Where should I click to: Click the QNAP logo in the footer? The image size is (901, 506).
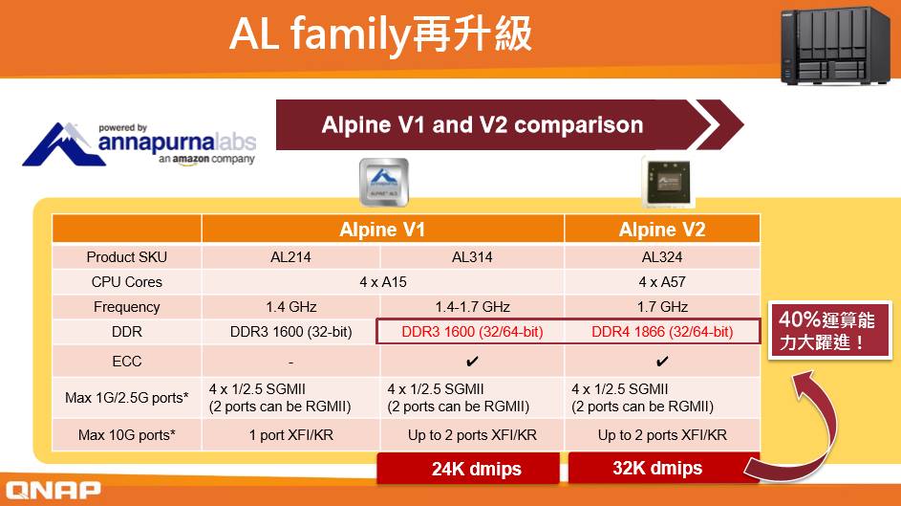pos(53,490)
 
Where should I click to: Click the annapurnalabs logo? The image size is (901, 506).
pos(139,144)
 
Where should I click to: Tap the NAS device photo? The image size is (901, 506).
pos(835,45)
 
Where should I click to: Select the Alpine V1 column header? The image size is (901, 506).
pos(382,230)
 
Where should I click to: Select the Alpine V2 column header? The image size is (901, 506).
pos(662,230)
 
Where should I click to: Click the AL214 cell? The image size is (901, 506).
pos(290,257)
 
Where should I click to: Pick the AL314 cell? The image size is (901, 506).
pos(472,257)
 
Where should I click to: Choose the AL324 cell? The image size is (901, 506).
pos(662,257)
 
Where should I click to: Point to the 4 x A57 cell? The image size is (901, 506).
pos(662,282)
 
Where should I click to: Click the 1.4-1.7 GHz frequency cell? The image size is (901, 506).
pos(472,307)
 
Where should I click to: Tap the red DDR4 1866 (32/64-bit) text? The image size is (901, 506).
pos(662,332)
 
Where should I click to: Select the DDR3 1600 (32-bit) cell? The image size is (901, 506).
pos(290,332)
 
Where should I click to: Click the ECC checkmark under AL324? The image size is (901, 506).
pos(662,362)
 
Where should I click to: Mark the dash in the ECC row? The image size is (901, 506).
pos(290,363)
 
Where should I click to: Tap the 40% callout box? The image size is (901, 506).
pos(828,330)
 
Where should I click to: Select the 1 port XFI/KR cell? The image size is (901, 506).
pos(290,435)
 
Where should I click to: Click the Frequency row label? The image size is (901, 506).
pos(126,307)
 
